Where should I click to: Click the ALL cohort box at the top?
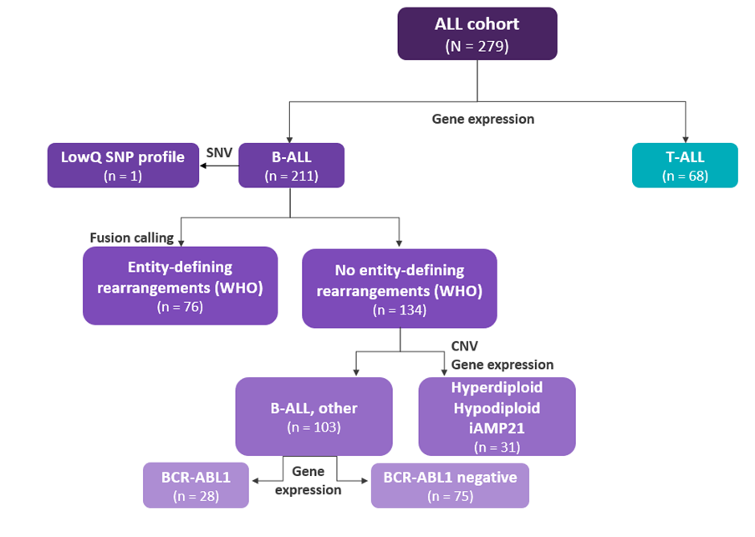[477, 33]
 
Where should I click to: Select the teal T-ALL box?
[685, 165]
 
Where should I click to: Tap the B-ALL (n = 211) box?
[291, 165]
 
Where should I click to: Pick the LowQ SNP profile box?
[123, 165]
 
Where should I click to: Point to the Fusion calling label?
[132, 238]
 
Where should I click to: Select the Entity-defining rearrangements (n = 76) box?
[180, 285]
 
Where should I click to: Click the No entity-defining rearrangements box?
[399, 287]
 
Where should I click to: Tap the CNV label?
[466, 345]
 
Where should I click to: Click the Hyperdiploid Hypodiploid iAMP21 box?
[497, 417]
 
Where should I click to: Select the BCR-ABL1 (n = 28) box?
[196, 485]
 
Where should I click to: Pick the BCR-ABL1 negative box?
[450, 485]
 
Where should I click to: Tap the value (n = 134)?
[399, 309]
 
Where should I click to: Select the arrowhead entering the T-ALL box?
[685, 138]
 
